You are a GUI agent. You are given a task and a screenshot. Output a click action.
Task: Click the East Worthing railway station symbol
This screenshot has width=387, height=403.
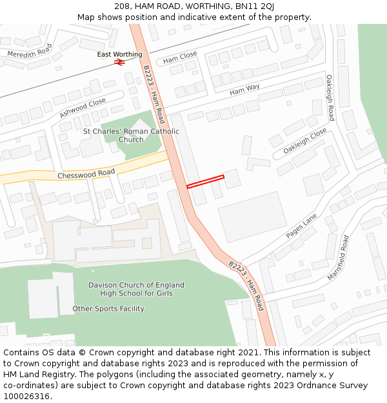click(119, 62)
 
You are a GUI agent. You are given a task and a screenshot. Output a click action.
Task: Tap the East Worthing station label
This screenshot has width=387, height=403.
click(119, 54)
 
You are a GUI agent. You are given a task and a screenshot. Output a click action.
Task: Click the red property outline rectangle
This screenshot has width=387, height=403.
click(205, 181)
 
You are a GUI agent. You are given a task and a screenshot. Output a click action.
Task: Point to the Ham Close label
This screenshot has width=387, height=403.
click(180, 58)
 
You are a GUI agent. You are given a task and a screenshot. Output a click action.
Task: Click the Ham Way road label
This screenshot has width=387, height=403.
click(244, 90)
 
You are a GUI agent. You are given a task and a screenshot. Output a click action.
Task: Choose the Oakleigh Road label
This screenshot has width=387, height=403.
click(330, 97)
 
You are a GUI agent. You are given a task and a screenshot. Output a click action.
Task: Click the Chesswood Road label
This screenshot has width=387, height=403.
click(86, 174)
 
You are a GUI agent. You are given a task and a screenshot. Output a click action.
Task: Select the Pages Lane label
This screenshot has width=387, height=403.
click(301, 226)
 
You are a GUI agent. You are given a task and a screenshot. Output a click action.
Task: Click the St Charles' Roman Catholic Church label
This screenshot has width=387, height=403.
click(131, 135)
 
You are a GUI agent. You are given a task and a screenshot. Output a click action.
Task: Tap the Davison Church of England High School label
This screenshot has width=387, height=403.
click(136, 289)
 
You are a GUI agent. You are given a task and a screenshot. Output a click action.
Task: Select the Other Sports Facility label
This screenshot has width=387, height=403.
click(108, 309)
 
